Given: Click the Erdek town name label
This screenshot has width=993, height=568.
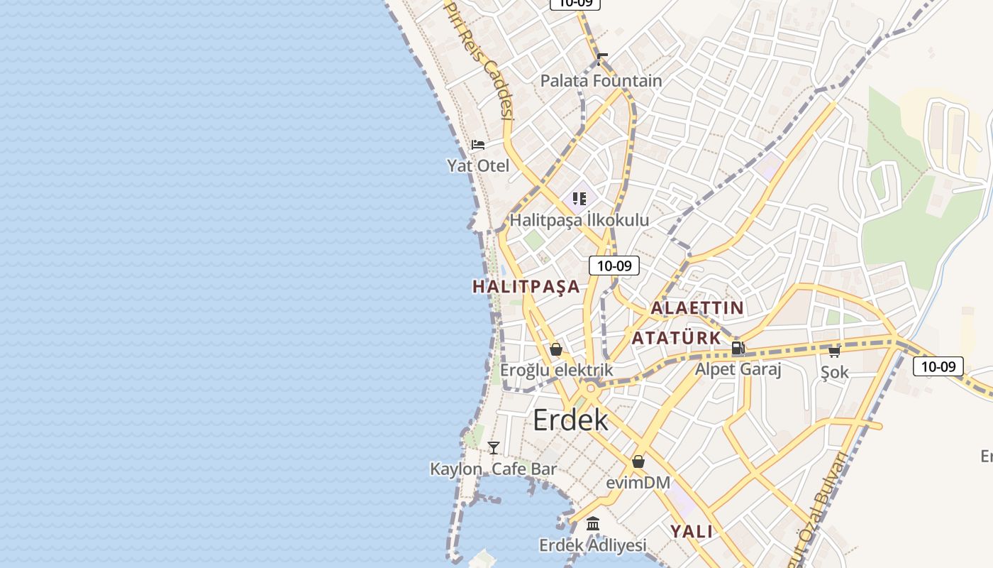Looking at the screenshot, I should [570, 420].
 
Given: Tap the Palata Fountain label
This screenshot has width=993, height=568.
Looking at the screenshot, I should [601, 81].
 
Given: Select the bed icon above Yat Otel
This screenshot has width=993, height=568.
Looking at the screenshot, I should [478, 146].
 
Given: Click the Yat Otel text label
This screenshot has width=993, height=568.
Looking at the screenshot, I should [478, 165].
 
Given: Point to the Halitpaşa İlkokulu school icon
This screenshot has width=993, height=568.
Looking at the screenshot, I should [579, 199].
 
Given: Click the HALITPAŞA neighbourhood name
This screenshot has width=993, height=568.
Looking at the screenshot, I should [526, 287].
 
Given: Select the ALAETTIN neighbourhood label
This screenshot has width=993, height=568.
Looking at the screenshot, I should [697, 308].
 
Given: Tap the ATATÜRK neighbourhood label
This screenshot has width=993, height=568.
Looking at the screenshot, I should [676, 338].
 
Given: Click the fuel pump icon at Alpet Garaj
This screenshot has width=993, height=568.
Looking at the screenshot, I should [738, 348].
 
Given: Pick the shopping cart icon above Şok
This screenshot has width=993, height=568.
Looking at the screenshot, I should [834, 351].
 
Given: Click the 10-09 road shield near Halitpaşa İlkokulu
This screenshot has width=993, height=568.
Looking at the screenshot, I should [614, 266].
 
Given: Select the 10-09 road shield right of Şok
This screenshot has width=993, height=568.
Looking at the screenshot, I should [938, 366].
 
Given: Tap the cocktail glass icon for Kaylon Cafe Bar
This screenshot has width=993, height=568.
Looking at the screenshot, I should [494, 448].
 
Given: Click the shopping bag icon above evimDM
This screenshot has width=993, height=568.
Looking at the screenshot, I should [638, 461].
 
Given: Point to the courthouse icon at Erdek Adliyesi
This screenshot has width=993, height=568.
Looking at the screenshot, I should [593, 524].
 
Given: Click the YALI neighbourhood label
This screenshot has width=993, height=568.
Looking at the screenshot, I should [692, 531].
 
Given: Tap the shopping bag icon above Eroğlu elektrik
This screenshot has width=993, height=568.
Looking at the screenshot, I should [556, 349].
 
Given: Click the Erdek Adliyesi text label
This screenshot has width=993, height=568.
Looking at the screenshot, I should [593, 545].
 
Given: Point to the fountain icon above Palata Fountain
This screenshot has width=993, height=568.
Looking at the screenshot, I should [602, 59].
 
